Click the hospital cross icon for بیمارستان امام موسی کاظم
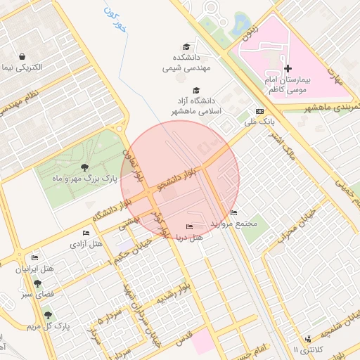pos(288,68)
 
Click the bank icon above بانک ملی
pos(259,112)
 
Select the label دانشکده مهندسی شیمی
pos(184,63)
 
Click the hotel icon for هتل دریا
pos(188,226)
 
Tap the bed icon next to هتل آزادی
pos(86,233)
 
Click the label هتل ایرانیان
pos(35,269)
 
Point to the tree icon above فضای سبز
pos(37,283)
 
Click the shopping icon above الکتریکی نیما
pos(23,56)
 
